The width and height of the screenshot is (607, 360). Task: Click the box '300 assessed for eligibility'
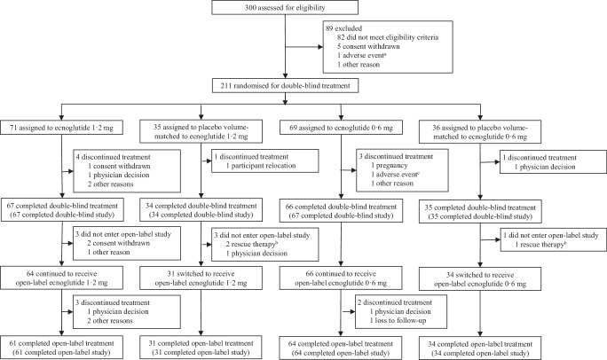pyautogui.click(x=285, y=7)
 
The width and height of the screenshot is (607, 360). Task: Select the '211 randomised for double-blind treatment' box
pyautogui.click(x=285, y=86)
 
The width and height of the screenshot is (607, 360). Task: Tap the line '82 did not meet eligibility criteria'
pyautogui.click(x=388, y=37)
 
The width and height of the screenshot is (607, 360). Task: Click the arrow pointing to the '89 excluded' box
pyautogui.click(x=303, y=47)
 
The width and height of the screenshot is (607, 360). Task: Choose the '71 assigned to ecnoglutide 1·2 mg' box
pyautogui.click(x=61, y=128)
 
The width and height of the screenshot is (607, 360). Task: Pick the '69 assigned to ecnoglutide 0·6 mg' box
pyautogui.click(x=341, y=128)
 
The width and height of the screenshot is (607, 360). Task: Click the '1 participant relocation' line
pyautogui.click(x=261, y=166)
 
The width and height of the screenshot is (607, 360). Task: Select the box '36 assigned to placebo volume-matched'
pyautogui.click(x=480, y=132)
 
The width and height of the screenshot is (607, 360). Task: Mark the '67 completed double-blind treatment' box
pyautogui.click(x=61, y=210)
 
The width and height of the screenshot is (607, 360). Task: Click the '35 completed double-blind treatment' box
pyautogui.click(x=480, y=212)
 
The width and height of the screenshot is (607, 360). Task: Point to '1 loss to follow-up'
pyautogui.click(x=398, y=321)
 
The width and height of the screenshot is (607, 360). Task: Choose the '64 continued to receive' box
pyautogui.click(x=61, y=278)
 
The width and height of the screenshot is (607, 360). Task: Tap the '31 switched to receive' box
pyautogui.click(x=201, y=278)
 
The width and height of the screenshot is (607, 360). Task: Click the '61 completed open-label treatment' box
pyautogui.click(x=61, y=348)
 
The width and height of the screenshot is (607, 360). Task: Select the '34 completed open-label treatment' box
pyautogui.click(x=480, y=348)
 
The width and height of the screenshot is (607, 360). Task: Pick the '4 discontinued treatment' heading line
pyautogui.click(x=113, y=157)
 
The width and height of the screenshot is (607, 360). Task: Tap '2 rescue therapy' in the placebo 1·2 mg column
pyautogui.click(x=252, y=245)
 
